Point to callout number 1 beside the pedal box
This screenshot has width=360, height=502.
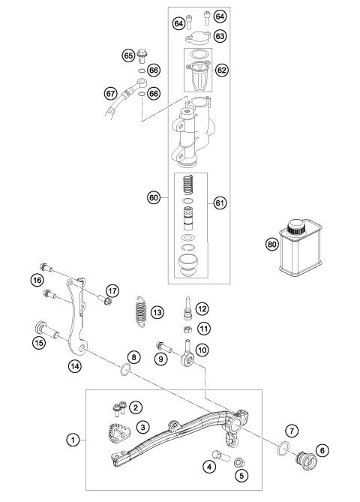point(73,440)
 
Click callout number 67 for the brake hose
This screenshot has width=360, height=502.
point(110,94)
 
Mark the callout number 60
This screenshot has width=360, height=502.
point(153,197)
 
